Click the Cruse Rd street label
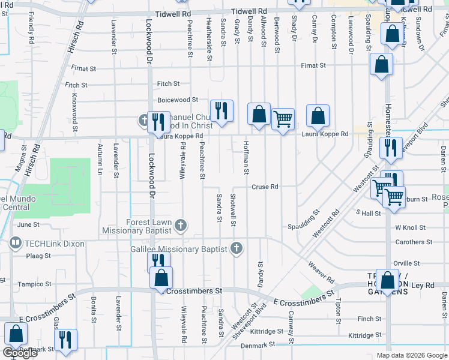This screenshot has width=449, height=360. (x=264, y=187)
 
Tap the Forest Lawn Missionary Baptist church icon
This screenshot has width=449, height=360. (x=181, y=226)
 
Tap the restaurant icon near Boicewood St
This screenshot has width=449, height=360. (x=221, y=110)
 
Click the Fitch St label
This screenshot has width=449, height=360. (x=168, y=84)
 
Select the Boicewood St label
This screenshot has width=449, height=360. (x=178, y=100)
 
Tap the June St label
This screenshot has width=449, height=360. (x=28, y=224)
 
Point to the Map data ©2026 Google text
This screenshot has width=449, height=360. (x=412, y=355)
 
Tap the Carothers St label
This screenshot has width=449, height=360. (x=410, y=242)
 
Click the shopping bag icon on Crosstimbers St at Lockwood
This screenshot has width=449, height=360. (x=161, y=278)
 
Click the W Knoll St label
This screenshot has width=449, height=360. (x=410, y=228)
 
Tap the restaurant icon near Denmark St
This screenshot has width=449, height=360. (x=65, y=339)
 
